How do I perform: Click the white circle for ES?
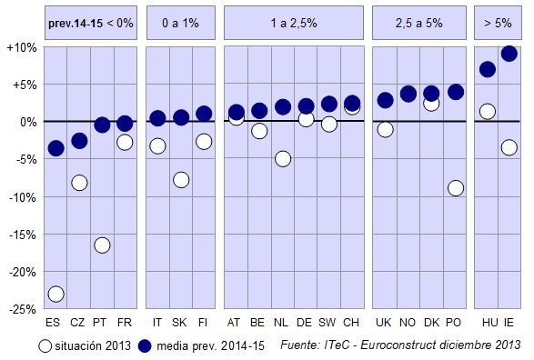(55, 294)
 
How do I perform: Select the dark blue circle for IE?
(509, 54)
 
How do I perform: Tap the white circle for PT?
(102, 245)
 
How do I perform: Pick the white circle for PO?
(456, 188)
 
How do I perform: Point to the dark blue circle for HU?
(488, 69)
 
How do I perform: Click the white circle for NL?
(283, 159)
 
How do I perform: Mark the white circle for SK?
(181, 180)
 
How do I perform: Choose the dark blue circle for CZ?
(79, 141)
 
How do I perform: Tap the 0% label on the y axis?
(26, 122)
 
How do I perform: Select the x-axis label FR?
(125, 323)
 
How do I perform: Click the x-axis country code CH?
(352, 323)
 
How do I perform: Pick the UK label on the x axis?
(384, 323)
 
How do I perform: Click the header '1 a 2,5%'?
(293, 22)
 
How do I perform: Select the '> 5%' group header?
(498, 22)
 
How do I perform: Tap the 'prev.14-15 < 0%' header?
(90, 22)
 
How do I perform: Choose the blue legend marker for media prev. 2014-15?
(145, 345)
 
